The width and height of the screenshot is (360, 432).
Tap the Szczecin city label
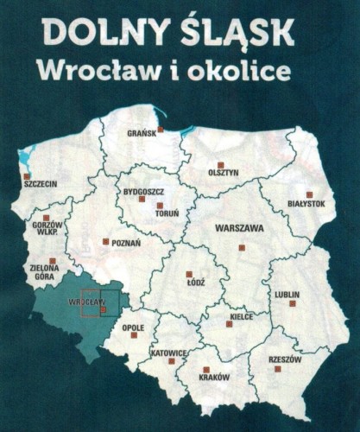(40, 184)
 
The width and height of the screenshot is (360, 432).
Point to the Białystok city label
(306, 203)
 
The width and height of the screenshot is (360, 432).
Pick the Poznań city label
(126, 243)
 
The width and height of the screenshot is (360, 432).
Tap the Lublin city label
(287, 294)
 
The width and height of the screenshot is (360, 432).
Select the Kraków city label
(214, 378)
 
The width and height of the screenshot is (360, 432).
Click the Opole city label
(133, 327)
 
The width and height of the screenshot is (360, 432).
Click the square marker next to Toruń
(160, 205)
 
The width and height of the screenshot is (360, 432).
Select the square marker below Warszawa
(242, 247)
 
